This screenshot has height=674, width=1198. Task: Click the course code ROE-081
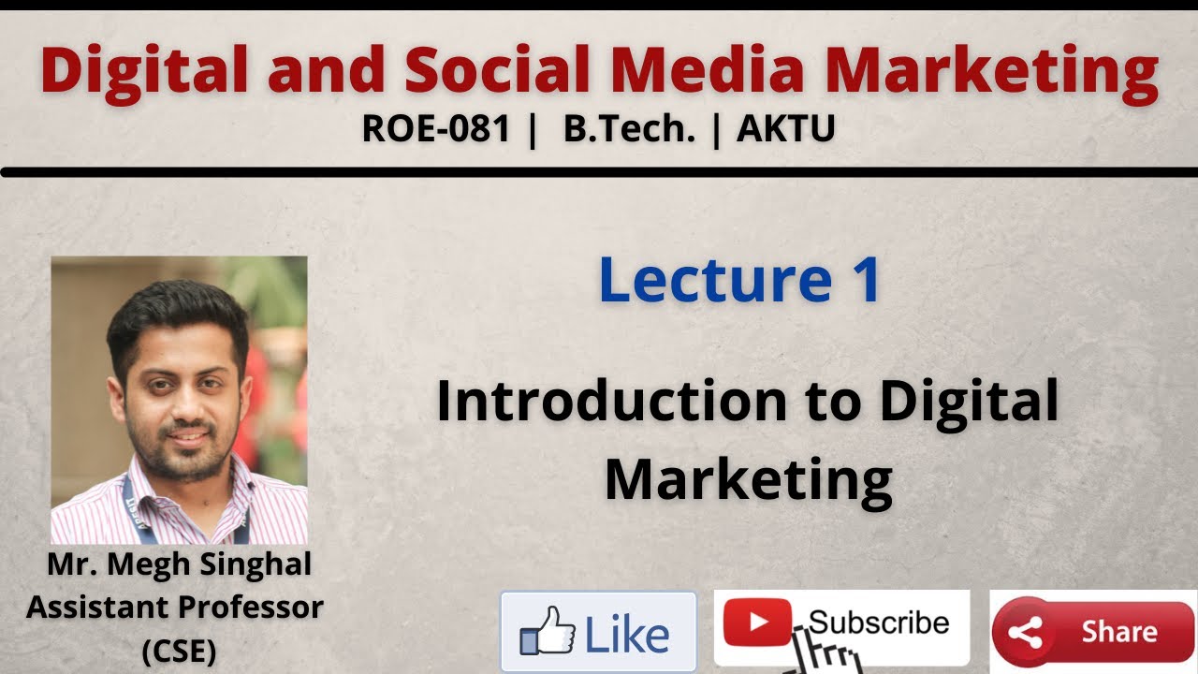(x=435, y=129)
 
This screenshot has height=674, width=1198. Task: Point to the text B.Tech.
(x=629, y=129)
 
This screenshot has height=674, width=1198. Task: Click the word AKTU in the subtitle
(x=785, y=129)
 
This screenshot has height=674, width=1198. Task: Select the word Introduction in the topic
(x=610, y=401)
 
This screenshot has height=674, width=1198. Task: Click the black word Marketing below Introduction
(x=748, y=479)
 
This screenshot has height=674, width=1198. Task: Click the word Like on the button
(x=627, y=634)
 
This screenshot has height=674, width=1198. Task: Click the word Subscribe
(x=878, y=622)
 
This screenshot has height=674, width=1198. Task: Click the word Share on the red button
(x=1118, y=632)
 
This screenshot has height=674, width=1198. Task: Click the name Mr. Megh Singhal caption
(x=179, y=565)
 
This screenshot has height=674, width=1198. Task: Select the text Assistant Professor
(x=175, y=608)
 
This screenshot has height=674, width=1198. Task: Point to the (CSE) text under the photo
(x=179, y=652)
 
